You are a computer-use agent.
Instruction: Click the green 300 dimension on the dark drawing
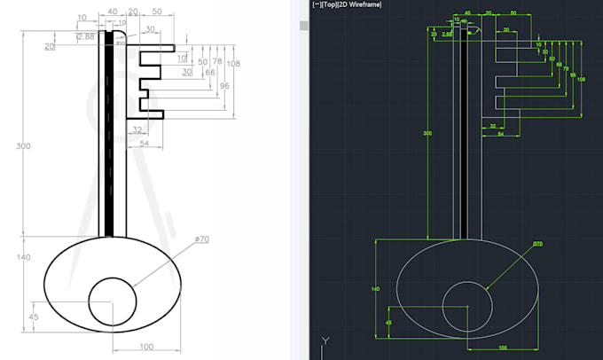427,133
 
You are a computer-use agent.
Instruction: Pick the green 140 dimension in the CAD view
375,289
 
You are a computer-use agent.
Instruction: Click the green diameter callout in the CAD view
537,244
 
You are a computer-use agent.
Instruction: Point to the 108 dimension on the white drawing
233,64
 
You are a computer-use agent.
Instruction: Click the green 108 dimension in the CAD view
581,80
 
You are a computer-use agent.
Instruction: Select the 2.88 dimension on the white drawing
86,36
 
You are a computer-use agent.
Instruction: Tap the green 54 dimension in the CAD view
500,135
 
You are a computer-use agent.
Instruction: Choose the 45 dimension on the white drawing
35,317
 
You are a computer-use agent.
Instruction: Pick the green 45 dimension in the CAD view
388,322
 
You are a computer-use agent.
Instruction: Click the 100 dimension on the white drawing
147,346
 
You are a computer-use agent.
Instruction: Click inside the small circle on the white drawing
112,301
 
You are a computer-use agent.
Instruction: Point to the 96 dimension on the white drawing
224,85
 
